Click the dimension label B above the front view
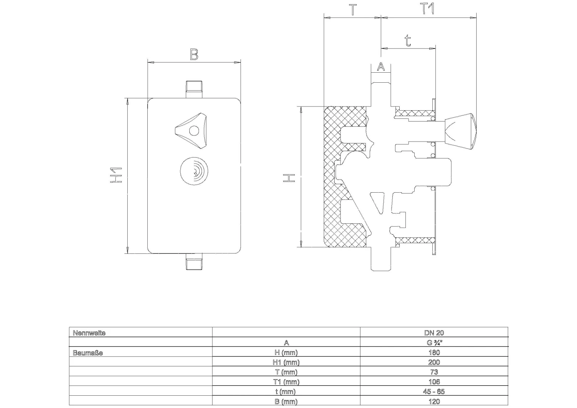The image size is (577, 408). click(194, 54)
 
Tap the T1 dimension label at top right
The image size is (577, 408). click(427, 8)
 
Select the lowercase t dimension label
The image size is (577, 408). click(407, 41)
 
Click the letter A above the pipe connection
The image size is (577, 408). click(381, 67)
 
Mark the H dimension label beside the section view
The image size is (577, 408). click(289, 178)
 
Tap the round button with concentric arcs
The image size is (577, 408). click(194, 171)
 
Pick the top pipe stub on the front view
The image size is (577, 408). click(194, 89)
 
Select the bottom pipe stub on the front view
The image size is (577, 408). click(194, 261)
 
